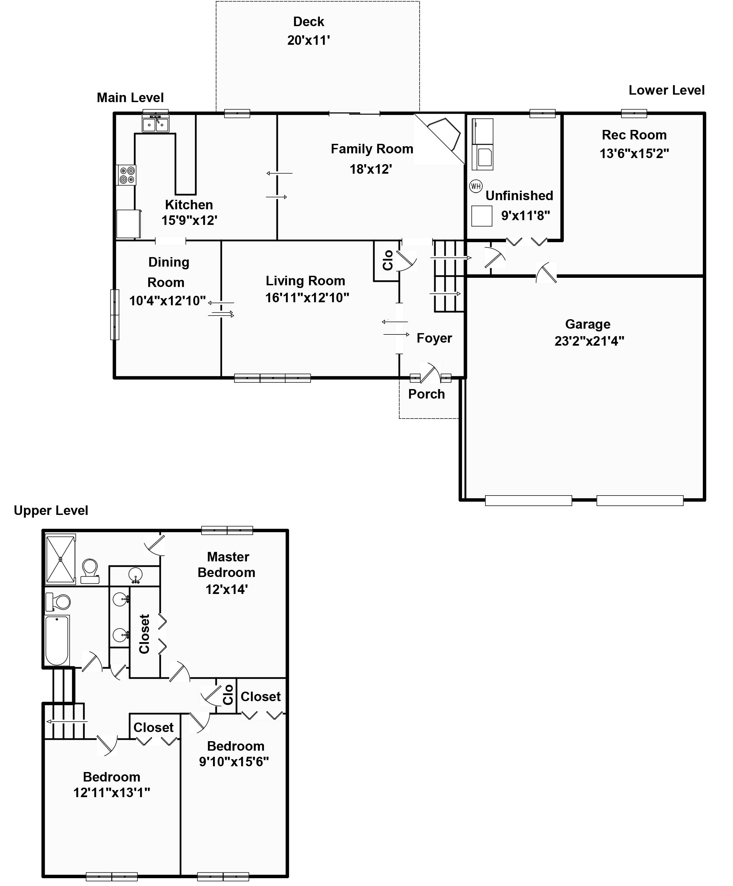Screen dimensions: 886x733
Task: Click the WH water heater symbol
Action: (476, 186)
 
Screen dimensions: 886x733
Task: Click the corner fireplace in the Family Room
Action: (444, 133)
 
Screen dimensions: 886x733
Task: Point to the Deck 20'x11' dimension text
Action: (308, 40)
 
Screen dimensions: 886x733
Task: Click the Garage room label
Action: (587, 324)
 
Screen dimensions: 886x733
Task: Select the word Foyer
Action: (434, 338)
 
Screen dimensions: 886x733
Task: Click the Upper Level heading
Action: (51, 511)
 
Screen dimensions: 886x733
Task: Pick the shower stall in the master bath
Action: (60, 559)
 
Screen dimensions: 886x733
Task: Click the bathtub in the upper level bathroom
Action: (57, 640)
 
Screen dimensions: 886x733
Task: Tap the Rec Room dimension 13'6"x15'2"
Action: (634, 153)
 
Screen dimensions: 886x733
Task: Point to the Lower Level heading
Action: (666, 90)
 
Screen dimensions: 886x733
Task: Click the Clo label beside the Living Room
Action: (387, 260)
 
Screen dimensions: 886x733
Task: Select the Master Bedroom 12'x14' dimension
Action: (226, 590)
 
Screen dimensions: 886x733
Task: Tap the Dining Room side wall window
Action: (114, 314)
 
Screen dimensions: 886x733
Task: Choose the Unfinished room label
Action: (519, 196)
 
